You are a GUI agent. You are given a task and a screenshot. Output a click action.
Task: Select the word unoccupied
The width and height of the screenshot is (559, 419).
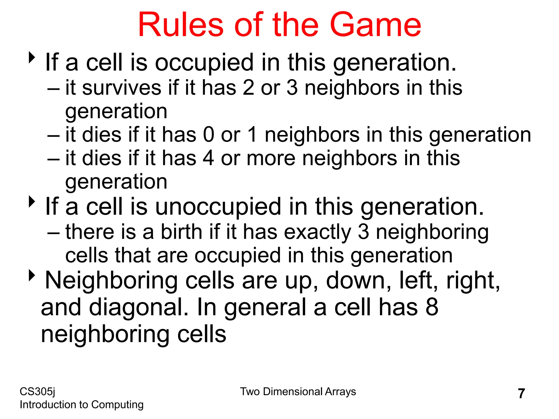click(x=218, y=207)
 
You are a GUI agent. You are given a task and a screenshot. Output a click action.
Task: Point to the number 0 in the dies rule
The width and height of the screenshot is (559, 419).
click(x=209, y=135)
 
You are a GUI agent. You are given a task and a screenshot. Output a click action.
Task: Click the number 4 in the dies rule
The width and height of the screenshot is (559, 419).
click(x=209, y=158)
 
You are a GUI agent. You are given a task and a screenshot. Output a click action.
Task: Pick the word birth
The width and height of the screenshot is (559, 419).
click(x=181, y=232)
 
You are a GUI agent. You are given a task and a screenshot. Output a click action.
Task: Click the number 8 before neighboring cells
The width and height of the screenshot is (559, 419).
click(x=432, y=307)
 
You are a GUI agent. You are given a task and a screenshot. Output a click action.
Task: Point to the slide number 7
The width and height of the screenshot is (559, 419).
click(x=521, y=394)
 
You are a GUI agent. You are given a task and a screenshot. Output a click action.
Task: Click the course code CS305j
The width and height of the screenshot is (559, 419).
click(x=37, y=392)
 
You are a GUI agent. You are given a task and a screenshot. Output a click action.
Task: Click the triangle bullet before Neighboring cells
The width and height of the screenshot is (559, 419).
click(x=32, y=276)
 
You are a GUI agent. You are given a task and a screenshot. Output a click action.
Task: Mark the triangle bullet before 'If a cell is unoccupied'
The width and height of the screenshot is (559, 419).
click(x=32, y=202)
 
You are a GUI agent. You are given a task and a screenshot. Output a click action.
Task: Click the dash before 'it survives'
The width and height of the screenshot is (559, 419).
click(x=54, y=89)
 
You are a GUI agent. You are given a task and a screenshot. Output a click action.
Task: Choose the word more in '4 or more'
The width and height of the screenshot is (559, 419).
click(x=271, y=158)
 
